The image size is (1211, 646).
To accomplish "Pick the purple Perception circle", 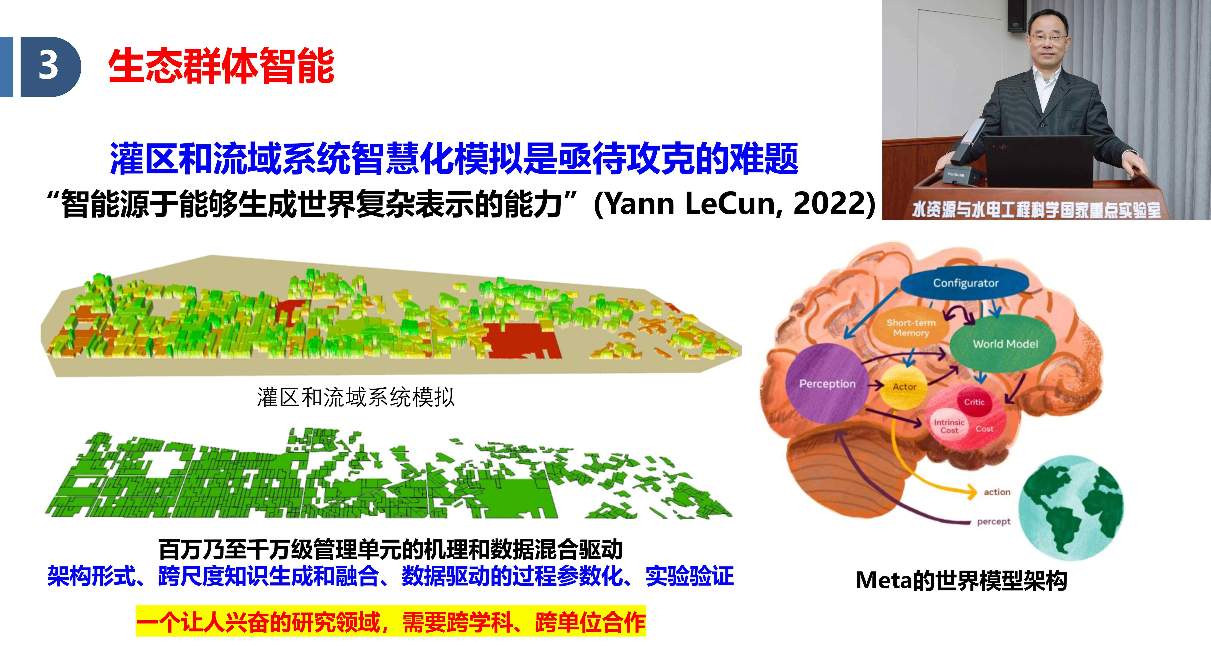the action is point(827,383).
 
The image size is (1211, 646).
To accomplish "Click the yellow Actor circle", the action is point(904,386).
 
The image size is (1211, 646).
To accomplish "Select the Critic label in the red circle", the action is point(974,402).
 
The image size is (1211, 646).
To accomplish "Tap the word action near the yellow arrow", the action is point(997,492).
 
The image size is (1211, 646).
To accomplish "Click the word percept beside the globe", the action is point(993,521).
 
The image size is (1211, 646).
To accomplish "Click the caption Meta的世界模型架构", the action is point(961,580).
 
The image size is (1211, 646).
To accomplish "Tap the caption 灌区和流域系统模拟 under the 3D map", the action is point(356,397).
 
